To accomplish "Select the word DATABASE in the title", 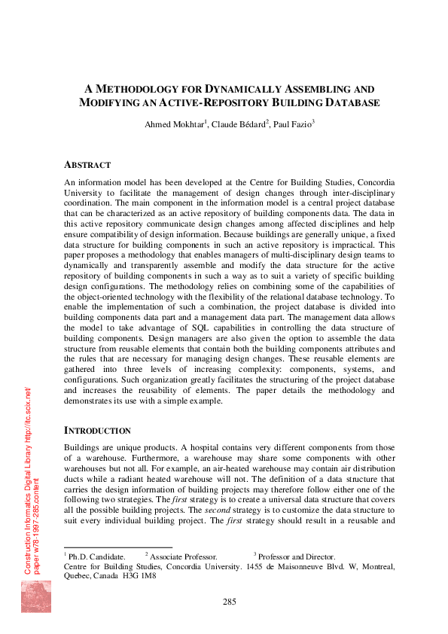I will (350, 102).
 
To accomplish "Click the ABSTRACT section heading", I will (87, 165).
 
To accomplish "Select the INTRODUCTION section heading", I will (98, 431).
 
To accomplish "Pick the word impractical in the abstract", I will (358, 245).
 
